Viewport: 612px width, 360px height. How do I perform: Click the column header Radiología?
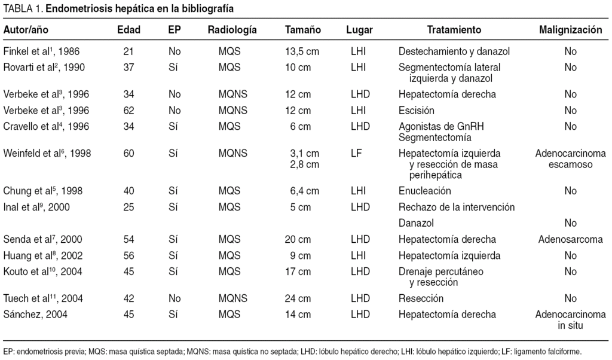click(232, 30)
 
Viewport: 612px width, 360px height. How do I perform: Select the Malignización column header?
click(570, 30)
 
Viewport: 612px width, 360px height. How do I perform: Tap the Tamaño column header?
click(302, 30)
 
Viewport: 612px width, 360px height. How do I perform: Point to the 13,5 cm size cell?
click(302, 51)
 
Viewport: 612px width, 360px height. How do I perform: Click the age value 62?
click(128, 110)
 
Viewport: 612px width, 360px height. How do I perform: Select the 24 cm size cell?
click(302, 298)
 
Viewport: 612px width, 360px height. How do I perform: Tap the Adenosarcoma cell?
click(570, 239)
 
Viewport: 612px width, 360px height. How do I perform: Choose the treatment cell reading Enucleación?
click(425, 191)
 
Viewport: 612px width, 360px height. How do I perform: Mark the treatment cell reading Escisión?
click(418, 110)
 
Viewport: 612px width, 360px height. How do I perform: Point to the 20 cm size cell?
click(302, 239)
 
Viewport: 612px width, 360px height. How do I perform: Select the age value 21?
click(128, 51)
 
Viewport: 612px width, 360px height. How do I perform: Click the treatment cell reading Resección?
click(421, 298)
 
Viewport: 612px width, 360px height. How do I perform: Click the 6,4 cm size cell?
click(302, 191)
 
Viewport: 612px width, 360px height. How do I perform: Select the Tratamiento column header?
click(454, 30)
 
